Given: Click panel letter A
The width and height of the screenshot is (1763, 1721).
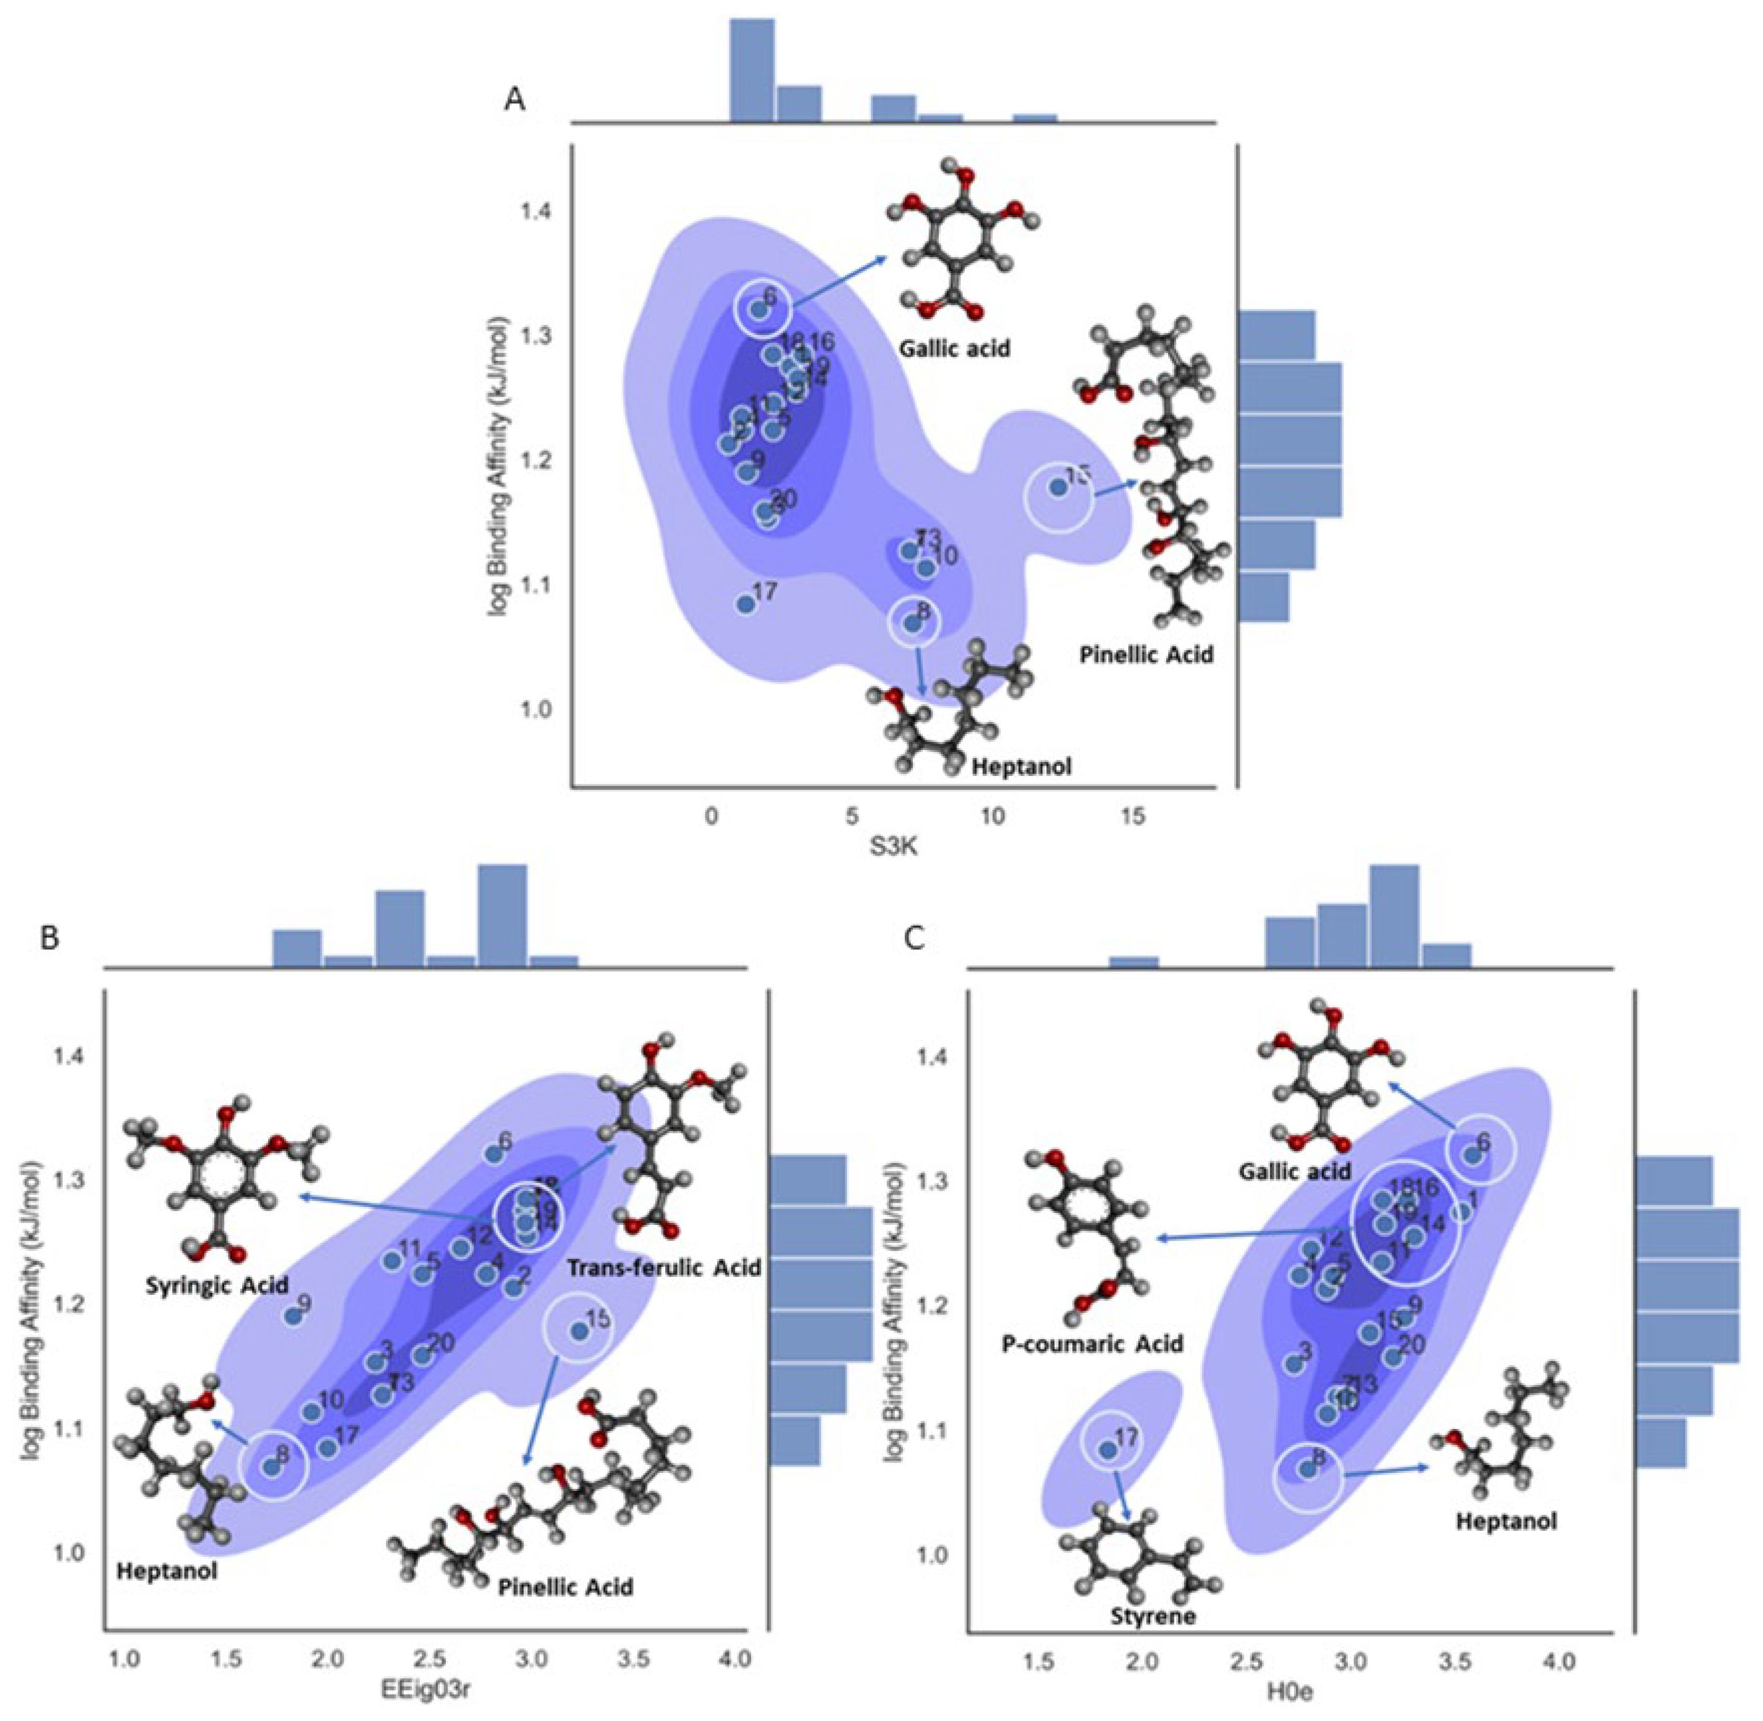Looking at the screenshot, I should point(515,100).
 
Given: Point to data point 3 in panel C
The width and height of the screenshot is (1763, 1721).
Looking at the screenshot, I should point(1294,1364).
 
